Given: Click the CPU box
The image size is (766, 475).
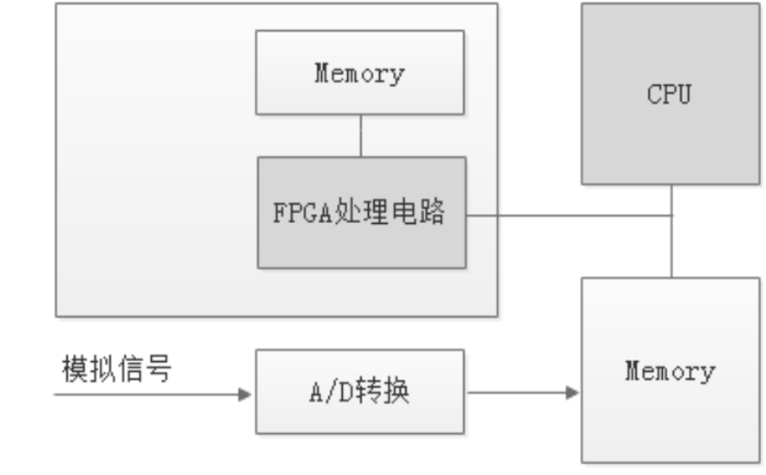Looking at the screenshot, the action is coord(670,94).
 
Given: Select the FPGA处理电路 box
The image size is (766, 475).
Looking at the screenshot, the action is coord(362,212).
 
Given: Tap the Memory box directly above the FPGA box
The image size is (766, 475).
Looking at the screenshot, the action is coord(360,72).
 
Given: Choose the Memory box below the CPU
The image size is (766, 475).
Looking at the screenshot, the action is coord(671,370).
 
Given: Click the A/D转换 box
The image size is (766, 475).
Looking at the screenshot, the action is coord(360,392).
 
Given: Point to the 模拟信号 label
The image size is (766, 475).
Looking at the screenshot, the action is coord(117,368).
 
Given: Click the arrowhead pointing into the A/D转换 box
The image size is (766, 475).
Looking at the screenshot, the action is coord(245,394).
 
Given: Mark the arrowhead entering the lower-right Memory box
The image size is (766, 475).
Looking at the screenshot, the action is coord(572,392).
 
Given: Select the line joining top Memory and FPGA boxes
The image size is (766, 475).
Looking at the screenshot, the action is coord(361,136).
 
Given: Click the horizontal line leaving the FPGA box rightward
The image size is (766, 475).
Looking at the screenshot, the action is coord(569,215).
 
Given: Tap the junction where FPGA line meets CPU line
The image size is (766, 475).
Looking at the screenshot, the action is coord(672,215).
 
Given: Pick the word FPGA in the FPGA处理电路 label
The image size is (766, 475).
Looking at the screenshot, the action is coord(303,212).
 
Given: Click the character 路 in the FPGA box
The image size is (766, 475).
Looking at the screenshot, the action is coord(431,211).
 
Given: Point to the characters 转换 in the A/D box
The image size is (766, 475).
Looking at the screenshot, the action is coord(383,391).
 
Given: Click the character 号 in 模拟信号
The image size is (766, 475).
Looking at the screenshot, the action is coord(158,368).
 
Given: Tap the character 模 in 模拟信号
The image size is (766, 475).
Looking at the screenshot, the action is coord(75,368).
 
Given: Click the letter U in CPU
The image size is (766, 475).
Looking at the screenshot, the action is coord(684,94).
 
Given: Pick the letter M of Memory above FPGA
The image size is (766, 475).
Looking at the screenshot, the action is coord(322,72).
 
